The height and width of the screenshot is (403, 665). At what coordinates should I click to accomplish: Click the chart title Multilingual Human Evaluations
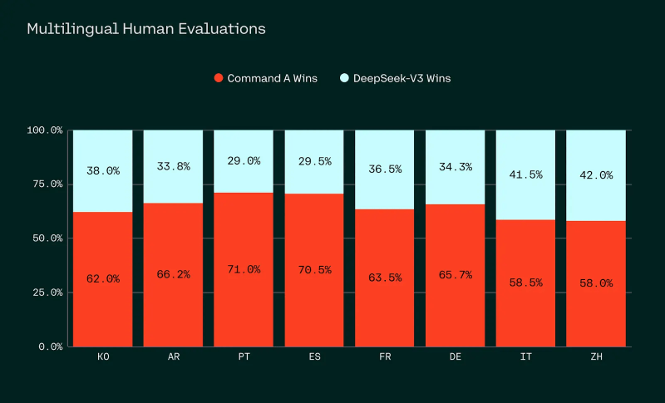[x=146, y=28]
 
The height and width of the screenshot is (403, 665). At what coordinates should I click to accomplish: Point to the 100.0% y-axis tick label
[x=45, y=130]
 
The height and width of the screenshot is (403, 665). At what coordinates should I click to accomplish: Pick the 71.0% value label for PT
[x=244, y=269]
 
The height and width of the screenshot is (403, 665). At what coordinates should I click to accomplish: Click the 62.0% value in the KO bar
[x=103, y=279]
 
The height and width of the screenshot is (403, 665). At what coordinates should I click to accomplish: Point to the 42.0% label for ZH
[x=595, y=175]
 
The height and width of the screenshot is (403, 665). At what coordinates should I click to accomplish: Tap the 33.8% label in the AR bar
[x=173, y=166]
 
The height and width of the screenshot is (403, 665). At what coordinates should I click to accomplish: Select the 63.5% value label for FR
[x=384, y=278]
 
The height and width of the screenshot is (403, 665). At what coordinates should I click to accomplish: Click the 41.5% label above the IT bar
[x=525, y=174]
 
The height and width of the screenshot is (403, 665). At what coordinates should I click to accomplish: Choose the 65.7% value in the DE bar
[x=455, y=275]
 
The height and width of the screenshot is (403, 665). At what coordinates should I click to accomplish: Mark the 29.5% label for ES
[x=313, y=161]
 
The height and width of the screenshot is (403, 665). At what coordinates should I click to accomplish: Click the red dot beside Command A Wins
[x=219, y=78]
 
